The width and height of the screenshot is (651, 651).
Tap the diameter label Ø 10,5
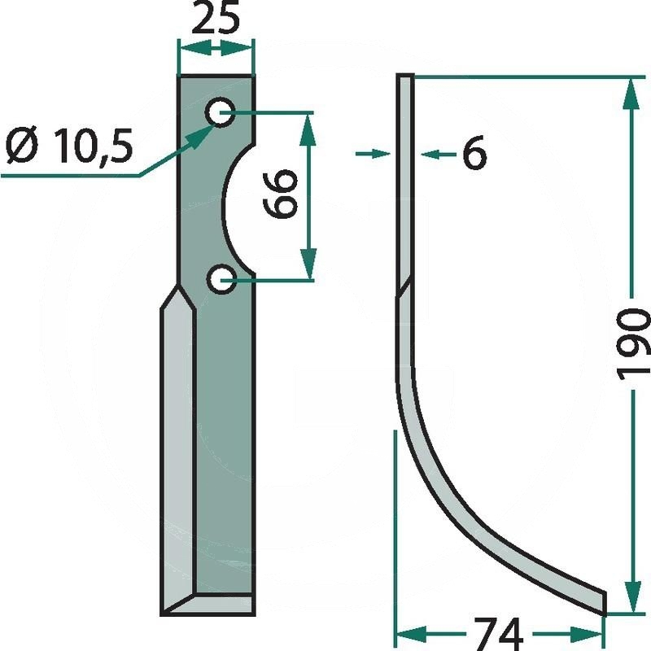pos(69,146)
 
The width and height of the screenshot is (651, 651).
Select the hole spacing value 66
pos(281,193)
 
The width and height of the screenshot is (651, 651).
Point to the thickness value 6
pos(474,152)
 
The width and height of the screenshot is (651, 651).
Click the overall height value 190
pos(632,344)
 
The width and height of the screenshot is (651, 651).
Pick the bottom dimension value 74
pos(498,634)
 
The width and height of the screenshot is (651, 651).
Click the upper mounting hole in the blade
pos(220,112)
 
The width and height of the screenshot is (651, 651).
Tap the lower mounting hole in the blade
pos(221,279)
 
